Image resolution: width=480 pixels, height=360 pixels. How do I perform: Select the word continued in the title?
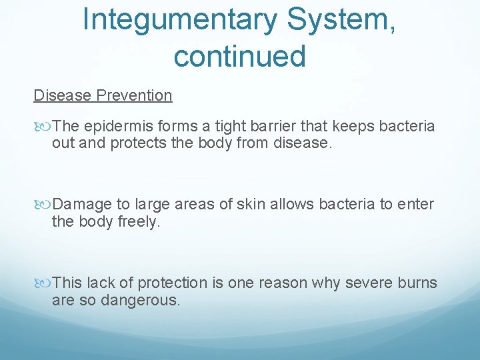click(x=239, y=56)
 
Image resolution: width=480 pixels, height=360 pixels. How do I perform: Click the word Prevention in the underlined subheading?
click(x=134, y=95)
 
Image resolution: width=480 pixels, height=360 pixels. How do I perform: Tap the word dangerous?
click(x=140, y=300)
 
